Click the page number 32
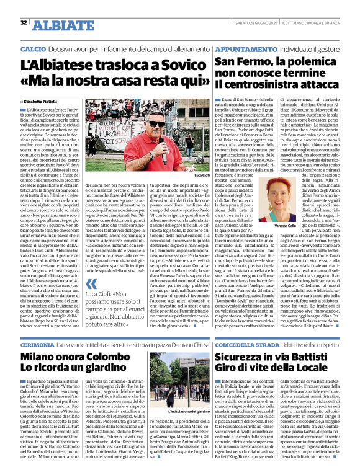pyautogui.click(x=24, y=22)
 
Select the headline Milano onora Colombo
pyautogui.click(x=69, y=357)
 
